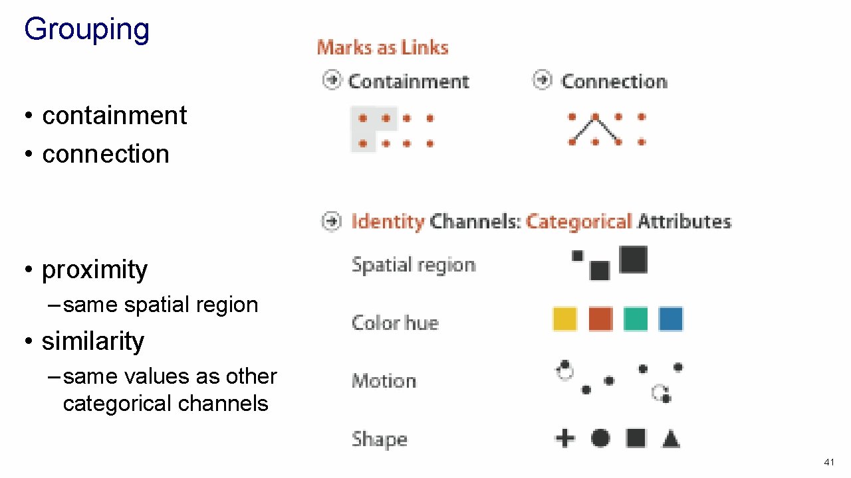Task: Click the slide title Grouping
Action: coord(86,30)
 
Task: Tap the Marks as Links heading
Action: coord(382,48)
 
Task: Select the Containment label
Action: coord(408,82)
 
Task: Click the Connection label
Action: coord(614,82)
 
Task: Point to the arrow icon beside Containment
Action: coord(331,80)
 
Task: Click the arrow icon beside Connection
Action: coord(542,80)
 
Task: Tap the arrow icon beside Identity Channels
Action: coord(331,221)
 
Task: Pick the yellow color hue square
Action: coord(565,319)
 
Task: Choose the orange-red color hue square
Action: coord(600,319)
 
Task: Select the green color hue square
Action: coord(636,319)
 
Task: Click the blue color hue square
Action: coord(671,319)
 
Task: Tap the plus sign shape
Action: coord(564,438)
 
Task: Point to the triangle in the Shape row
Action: coord(671,439)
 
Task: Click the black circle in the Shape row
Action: coord(600,438)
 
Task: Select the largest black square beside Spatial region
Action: coord(633,260)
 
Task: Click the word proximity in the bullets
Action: coord(94,270)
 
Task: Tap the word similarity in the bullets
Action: coord(92,341)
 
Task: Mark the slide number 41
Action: coord(828,462)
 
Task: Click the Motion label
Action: coord(384,381)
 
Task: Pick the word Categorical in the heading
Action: coord(578,221)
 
